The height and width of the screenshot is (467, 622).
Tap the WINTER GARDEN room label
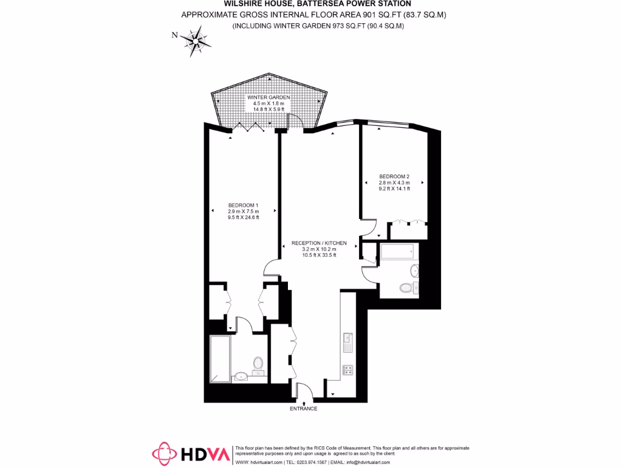tap(268, 97)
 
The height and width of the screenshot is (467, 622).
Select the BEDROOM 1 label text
tap(244, 205)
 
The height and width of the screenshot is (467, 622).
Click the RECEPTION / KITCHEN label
tap(315, 243)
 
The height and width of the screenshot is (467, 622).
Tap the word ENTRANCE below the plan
tap(303, 409)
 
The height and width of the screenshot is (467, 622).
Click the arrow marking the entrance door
tap(303, 397)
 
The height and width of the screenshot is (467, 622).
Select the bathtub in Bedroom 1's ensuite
tap(220, 358)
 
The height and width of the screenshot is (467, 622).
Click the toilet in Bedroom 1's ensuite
tap(258, 364)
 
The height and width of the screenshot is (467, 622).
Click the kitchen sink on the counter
tap(348, 342)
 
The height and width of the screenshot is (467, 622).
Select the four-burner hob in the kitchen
tap(348, 368)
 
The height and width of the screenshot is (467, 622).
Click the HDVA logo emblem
tap(164, 454)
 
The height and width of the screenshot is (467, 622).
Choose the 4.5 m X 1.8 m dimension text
tap(268, 103)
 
